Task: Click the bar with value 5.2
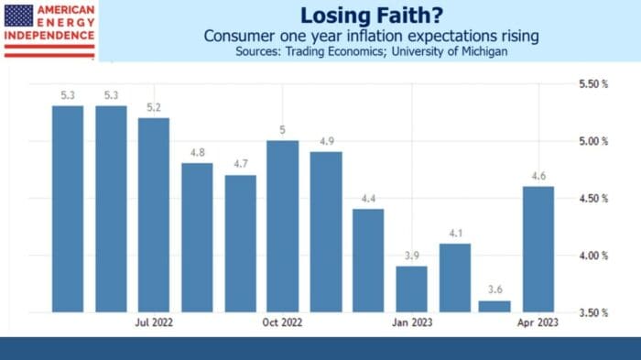click(x=154, y=215)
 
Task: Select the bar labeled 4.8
click(x=197, y=238)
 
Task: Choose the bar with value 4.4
click(x=368, y=261)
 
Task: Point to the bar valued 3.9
click(x=411, y=289)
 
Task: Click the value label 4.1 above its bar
click(x=454, y=233)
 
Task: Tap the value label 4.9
click(x=325, y=141)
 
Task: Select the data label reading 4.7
click(x=240, y=164)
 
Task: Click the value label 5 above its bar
click(x=282, y=129)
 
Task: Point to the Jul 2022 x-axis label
click(x=154, y=322)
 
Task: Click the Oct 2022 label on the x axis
click(x=282, y=322)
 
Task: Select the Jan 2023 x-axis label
click(x=411, y=322)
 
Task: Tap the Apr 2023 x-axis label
click(x=539, y=322)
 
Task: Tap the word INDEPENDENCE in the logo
click(x=49, y=35)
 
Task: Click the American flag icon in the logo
click(x=18, y=15)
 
